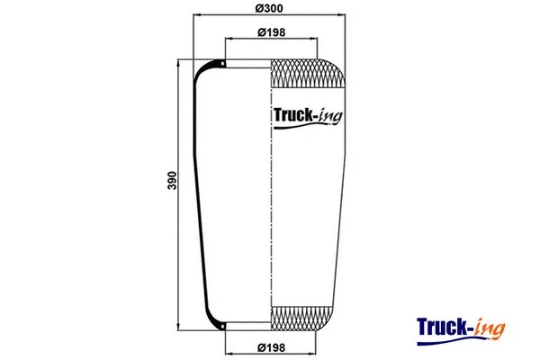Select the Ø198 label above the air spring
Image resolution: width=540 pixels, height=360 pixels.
click(x=271, y=33)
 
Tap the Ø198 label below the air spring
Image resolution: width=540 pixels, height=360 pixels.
click(x=271, y=347)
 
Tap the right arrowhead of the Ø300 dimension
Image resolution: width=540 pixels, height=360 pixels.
click(x=343, y=16)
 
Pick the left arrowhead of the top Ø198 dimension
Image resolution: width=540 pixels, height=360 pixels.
click(x=228, y=40)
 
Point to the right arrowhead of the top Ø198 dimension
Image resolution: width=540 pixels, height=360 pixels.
click(x=313, y=40)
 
